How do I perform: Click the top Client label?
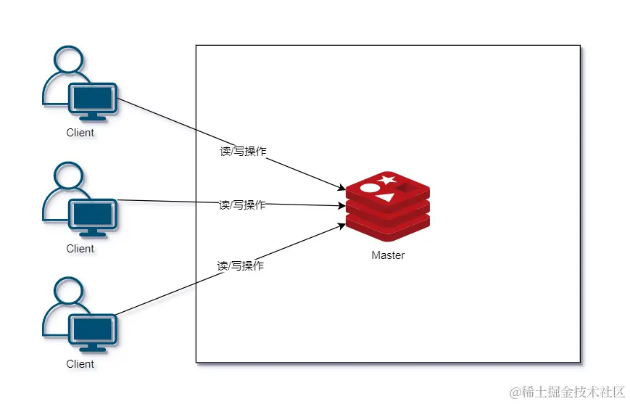tap(80, 133)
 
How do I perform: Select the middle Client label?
tap(80, 249)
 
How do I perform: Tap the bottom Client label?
tap(80, 364)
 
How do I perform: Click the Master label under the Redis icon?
tap(388, 255)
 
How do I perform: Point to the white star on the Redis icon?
tap(386, 179)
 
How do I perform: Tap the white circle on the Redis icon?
tap(369, 188)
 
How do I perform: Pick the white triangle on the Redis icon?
tap(386, 197)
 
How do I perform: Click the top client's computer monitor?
tap(93, 99)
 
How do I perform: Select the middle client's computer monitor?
tap(93, 215)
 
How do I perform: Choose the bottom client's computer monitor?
tap(93, 331)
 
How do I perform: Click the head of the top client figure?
tap(67, 61)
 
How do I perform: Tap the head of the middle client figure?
tap(67, 176)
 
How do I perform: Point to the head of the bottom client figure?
tap(67, 292)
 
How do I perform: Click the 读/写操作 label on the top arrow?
tap(243, 152)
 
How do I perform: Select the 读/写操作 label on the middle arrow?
tap(242, 205)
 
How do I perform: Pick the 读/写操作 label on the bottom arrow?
tap(241, 266)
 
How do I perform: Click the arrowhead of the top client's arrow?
tap(343, 190)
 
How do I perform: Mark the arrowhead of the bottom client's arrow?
tap(343, 226)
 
